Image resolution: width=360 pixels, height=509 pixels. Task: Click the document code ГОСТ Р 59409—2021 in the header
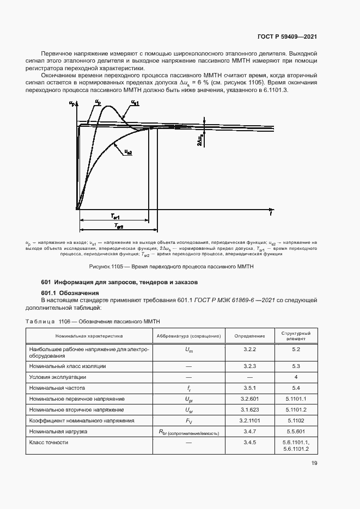pyautogui.click(x=286, y=36)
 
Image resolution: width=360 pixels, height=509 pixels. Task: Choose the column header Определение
pyautogui.click(x=250, y=336)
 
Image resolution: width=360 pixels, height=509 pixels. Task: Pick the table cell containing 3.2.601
pyautogui.click(x=251, y=399)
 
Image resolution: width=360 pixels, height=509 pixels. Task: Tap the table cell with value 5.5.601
pyautogui.click(x=296, y=431)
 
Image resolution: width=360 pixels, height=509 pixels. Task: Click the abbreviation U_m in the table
pyautogui.click(x=189, y=352)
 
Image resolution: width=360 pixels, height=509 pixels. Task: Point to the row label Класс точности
pyautogui.click(x=49, y=443)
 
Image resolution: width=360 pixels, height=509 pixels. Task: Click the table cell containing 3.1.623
pyautogui.click(x=251, y=409)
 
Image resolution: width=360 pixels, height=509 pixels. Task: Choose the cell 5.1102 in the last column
pyautogui.click(x=296, y=420)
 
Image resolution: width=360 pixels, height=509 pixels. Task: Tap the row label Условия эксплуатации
pyautogui.click(x=58, y=377)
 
